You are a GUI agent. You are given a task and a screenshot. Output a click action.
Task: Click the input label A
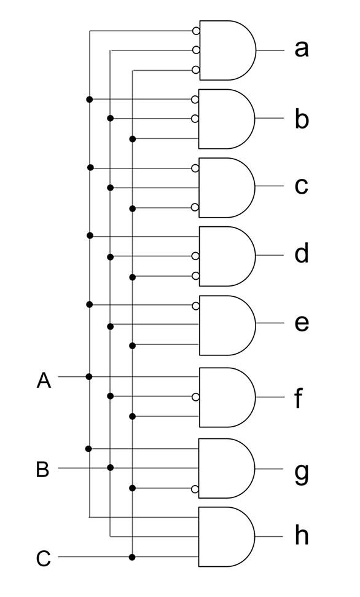coord(44,381)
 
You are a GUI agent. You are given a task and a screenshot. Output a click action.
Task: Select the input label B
coord(42,469)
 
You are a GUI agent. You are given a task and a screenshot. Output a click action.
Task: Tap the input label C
coord(44,558)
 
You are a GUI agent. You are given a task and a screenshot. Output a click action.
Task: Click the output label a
coord(302,49)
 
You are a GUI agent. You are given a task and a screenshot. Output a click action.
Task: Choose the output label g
coord(302,473)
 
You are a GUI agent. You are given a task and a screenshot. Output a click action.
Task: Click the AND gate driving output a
coord(227,50)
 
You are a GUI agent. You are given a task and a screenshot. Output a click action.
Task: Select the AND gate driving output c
coord(227,188)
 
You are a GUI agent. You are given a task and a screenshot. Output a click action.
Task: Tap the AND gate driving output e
coord(227,325)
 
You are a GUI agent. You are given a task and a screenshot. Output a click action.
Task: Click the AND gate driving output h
coord(227,537)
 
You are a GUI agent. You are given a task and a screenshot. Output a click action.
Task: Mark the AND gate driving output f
coord(227,397)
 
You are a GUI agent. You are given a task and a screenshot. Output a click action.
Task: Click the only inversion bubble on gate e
coord(195,306)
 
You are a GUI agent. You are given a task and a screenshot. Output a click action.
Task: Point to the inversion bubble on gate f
coord(195,397)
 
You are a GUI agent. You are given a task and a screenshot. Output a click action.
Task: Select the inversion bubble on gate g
coord(195,489)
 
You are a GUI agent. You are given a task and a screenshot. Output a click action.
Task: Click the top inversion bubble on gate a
coord(196,31)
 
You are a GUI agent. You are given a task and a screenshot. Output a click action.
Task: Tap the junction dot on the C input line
coord(132,558)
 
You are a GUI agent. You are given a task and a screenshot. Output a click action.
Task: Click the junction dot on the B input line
coord(111,467)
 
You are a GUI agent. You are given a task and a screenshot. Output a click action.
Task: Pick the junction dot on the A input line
coord(89,376)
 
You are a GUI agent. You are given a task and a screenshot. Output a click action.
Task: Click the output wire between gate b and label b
coord(270,118)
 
